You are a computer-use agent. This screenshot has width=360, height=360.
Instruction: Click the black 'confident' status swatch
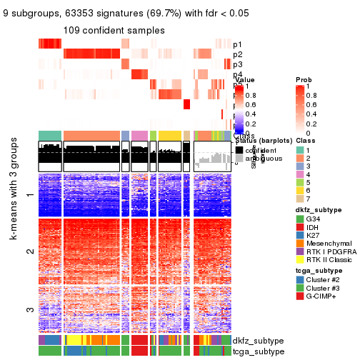click(239, 149)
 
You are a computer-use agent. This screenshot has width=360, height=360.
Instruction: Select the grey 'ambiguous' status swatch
click(239, 159)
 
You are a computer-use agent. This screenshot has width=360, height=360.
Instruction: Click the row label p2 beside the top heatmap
click(237, 54)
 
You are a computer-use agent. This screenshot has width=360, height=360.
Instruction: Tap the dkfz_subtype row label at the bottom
click(259, 341)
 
